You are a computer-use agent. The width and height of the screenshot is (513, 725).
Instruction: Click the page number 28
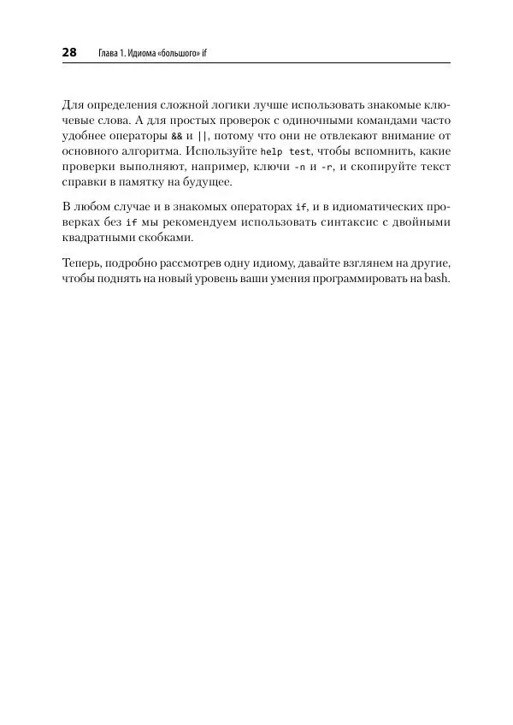pos(69,52)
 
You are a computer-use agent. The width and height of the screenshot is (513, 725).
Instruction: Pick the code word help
pos(271,151)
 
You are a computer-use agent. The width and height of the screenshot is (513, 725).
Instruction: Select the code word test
pos(300,151)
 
